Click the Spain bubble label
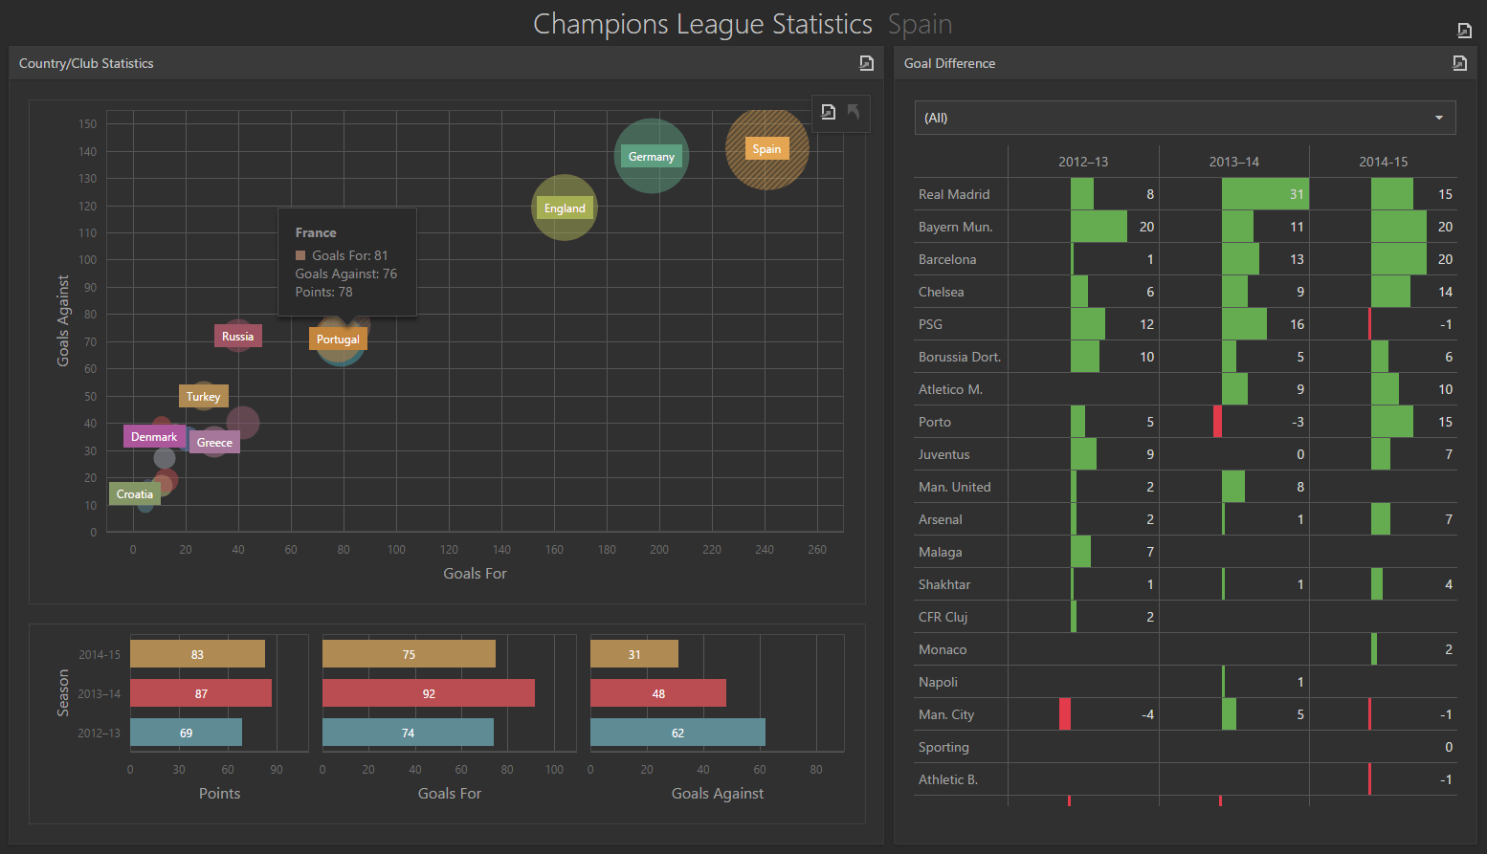point(766,149)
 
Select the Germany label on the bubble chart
point(651,157)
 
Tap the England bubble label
point(565,208)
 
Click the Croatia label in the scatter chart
point(135,494)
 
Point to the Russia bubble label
point(237,337)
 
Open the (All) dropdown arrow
point(1438,118)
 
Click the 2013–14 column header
point(1233,162)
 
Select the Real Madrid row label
point(954,194)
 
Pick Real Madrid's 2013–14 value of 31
point(1296,194)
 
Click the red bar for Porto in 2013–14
point(1217,422)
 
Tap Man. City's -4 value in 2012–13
point(1146,714)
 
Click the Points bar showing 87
point(201,693)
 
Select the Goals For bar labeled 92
point(429,693)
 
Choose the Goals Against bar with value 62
point(677,733)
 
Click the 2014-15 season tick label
point(100,655)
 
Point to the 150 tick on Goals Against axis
point(87,124)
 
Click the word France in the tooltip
point(316,232)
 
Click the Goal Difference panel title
point(949,63)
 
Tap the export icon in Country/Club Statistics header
point(866,63)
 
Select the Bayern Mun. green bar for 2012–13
point(1099,227)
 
